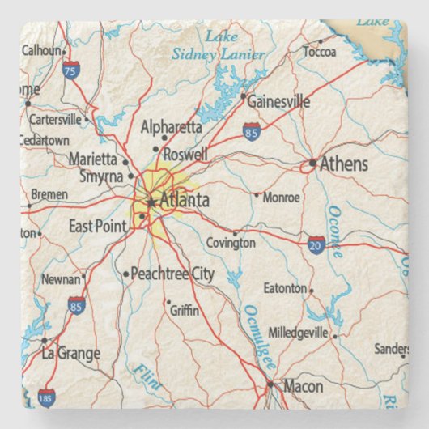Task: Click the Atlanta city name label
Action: click(x=185, y=201)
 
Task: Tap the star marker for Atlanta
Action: click(x=151, y=202)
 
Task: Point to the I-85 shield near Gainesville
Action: click(x=253, y=130)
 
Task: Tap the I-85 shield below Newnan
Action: click(x=75, y=305)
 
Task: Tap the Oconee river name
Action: click(x=334, y=231)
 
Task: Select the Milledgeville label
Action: click(x=298, y=333)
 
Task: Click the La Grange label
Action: click(x=71, y=354)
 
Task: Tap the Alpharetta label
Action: click(x=171, y=127)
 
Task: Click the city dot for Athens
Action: click(x=312, y=163)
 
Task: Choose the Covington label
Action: click(x=231, y=242)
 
